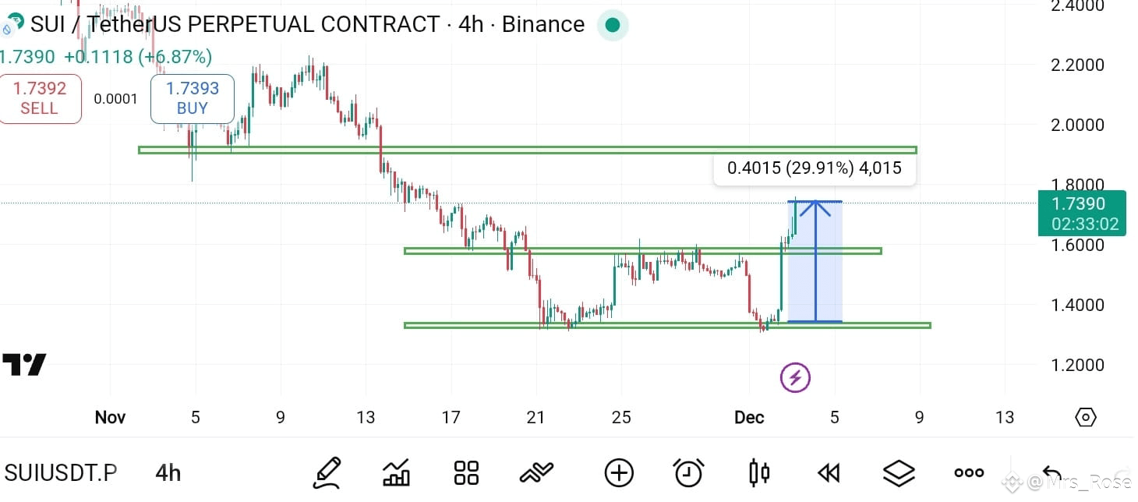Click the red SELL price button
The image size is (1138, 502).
tap(40, 98)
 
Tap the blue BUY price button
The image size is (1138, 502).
tap(193, 98)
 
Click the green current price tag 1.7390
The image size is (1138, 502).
tap(1082, 214)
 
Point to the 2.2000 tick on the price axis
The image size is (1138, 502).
tap(1077, 65)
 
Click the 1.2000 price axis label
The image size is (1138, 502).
tap(1077, 365)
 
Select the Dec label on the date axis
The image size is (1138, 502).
tap(749, 417)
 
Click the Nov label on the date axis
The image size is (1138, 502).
tap(110, 417)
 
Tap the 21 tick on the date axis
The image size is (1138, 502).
tap(535, 417)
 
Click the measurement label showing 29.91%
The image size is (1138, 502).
tap(815, 168)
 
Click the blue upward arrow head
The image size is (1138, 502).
tap(815, 207)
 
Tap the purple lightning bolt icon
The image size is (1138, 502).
tap(795, 377)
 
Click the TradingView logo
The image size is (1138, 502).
tap(24, 364)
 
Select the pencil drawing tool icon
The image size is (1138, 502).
tap(327, 473)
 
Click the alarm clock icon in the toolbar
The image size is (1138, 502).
tap(688, 473)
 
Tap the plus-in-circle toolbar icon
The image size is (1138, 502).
tap(619, 473)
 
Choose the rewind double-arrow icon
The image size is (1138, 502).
tap(829, 473)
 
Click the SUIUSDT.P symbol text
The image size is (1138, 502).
tap(61, 473)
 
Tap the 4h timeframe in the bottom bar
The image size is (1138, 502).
tap(168, 473)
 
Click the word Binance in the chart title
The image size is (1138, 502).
tap(543, 24)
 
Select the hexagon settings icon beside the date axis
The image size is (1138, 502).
tap(1086, 417)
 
